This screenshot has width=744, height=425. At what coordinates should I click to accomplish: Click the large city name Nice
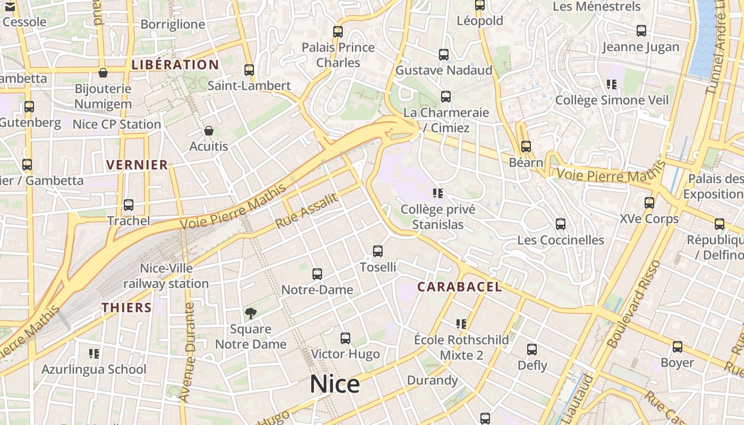tap(335, 384)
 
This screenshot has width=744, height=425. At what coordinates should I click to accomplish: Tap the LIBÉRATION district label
tap(175, 65)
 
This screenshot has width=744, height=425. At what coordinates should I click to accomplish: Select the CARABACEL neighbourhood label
tap(459, 287)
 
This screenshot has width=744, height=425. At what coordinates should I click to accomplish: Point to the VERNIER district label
tap(137, 165)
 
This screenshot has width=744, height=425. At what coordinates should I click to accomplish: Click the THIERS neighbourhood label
tap(126, 307)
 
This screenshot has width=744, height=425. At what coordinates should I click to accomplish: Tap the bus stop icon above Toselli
tap(378, 251)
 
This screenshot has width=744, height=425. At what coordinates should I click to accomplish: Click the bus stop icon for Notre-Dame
tap(317, 274)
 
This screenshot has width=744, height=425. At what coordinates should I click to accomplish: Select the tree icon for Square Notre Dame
tap(250, 313)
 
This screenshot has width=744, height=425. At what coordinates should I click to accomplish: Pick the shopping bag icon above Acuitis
tap(209, 131)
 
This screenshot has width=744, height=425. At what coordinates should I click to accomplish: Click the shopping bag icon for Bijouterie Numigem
tap(103, 73)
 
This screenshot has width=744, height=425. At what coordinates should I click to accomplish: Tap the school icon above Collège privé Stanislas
tap(438, 193)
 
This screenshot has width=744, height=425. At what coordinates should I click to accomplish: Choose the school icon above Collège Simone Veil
tap(612, 84)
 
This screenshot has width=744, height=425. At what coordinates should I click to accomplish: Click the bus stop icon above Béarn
tap(526, 147)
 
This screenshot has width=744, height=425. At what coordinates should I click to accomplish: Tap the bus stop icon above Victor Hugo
tap(345, 338)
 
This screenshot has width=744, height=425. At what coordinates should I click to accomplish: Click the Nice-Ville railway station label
tap(166, 276)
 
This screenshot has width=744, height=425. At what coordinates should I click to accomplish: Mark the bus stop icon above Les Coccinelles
tap(561, 224)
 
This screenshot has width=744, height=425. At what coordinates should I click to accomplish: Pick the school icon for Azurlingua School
tap(94, 353)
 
